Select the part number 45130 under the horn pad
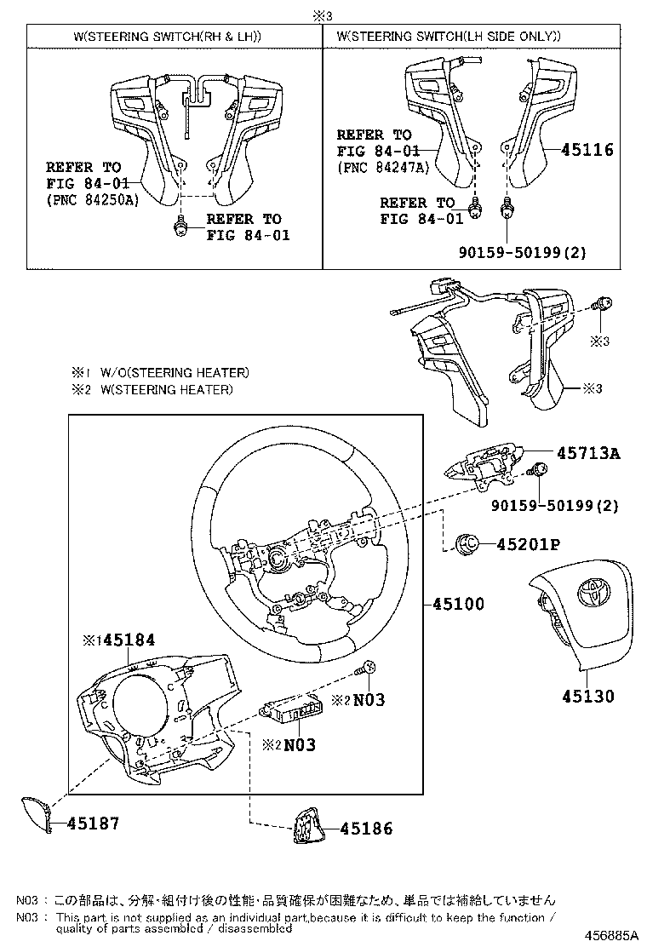[x=587, y=696]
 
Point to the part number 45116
[x=587, y=150]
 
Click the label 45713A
[x=589, y=453]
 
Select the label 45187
[x=93, y=824]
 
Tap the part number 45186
[x=367, y=828]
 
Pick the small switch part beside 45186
[x=304, y=826]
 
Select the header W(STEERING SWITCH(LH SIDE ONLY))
[x=449, y=36]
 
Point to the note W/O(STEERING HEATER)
[x=175, y=372]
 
